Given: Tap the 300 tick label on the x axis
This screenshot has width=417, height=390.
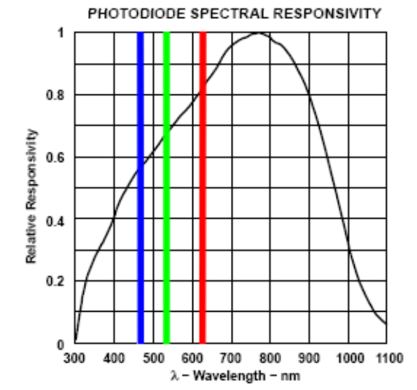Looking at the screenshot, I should (75, 359).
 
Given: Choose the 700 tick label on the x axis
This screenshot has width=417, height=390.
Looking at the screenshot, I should (231, 359).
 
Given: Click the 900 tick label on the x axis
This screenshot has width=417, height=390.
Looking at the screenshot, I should (309, 359).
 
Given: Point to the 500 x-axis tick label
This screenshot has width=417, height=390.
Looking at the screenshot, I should (153, 359).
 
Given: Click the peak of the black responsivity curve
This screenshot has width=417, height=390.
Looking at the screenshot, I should (258, 33).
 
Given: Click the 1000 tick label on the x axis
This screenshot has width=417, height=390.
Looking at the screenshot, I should (347, 359).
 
